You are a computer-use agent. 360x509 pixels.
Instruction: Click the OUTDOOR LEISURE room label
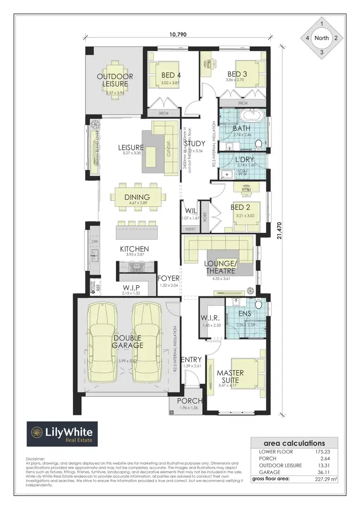tap(115, 80)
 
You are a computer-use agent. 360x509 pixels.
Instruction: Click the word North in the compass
tap(322, 38)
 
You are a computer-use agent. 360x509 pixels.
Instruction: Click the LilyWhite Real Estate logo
tap(62, 434)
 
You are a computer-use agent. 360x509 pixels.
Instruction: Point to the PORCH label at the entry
tap(190, 401)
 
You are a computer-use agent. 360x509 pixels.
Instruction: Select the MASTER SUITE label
tap(230, 376)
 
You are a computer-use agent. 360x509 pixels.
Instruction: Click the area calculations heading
tap(294, 443)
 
